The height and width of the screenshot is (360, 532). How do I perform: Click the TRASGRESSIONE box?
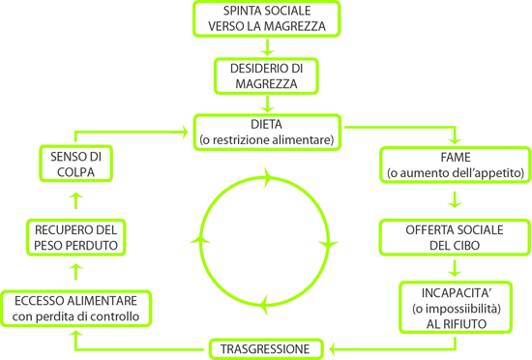(x=266, y=348)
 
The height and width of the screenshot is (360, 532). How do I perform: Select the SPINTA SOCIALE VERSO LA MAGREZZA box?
(x=267, y=18)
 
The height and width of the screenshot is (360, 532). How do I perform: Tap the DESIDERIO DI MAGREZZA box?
(x=266, y=76)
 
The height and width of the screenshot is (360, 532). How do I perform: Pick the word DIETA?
(x=266, y=125)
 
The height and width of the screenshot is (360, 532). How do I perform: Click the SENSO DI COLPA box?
(x=75, y=164)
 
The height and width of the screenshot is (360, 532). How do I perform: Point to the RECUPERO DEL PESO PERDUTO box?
(x=76, y=237)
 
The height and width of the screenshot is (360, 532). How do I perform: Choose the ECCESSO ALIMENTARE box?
(x=76, y=309)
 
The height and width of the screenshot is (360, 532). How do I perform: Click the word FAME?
(x=456, y=158)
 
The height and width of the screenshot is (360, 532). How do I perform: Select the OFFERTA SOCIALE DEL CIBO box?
(x=455, y=237)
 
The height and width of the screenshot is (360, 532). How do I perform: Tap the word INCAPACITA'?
(x=457, y=293)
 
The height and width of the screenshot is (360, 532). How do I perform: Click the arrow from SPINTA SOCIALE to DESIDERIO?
(x=267, y=47)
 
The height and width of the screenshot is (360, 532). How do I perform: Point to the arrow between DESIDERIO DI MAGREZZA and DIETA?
(x=267, y=104)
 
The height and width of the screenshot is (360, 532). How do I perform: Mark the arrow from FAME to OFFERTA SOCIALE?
(x=455, y=199)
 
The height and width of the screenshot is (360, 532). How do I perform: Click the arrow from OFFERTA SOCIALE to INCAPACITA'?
(x=455, y=268)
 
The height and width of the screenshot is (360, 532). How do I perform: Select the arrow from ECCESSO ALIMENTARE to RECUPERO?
(x=75, y=272)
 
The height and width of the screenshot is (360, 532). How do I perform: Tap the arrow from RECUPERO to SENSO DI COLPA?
(x=75, y=200)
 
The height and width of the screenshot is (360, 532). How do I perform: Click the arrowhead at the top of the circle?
(x=268, y=177)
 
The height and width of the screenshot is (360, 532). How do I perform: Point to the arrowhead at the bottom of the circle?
(x=264, y=304)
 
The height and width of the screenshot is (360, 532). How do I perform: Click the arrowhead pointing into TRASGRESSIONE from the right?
(x=333, y=348)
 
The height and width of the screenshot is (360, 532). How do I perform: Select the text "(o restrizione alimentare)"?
(x=267, y=139)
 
